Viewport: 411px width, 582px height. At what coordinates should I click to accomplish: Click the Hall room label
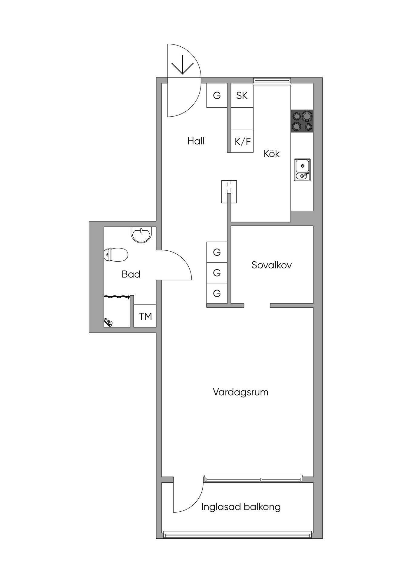(196, 141)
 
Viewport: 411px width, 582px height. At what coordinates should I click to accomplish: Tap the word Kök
(272, 153)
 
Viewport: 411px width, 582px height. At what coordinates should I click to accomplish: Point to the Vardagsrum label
(240, 392)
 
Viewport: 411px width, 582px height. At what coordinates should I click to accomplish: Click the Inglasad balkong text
(241, 507)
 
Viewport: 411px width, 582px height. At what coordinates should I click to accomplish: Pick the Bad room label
(131, 274)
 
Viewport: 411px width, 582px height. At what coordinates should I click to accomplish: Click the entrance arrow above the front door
(183, 64)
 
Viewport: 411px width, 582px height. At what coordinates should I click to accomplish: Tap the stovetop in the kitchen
(302, 121)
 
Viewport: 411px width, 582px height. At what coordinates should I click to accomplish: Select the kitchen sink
(302, 170)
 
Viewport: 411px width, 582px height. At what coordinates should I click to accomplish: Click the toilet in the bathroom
(116, 255)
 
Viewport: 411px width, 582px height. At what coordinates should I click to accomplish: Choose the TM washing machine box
(145, 316)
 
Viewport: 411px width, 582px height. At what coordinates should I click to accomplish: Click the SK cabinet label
(242, 95)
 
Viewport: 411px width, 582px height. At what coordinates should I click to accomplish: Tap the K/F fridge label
(243, 141)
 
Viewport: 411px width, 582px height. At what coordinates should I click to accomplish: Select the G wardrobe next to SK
(217, 95)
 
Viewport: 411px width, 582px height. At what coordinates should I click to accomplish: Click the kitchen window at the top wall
(272, 80)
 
